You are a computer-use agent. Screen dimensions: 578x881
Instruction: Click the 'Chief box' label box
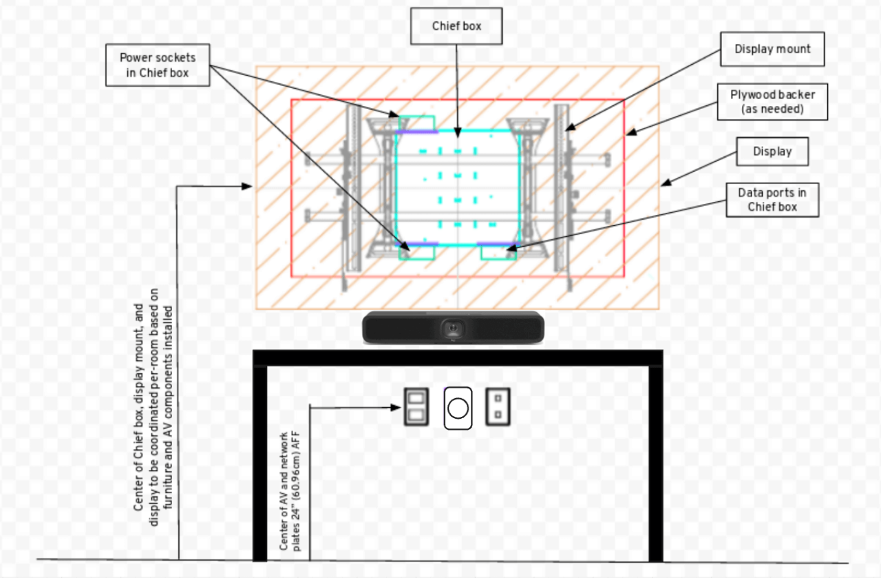(x=457, y=26)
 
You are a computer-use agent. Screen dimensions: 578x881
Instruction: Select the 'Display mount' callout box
(x=772, y=50)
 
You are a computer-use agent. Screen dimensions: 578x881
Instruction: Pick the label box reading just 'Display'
(x=772, y=152)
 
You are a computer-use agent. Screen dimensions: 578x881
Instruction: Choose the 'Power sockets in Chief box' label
(x=158, y=65)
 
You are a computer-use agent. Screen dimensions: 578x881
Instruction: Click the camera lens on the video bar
(x=453, y=326)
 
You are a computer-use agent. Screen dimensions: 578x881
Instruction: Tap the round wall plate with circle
(x=458, y=408)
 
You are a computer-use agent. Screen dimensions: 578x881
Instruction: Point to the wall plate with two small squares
(x=498, y=406)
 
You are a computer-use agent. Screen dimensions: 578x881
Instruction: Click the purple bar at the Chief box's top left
(x=417, y=130)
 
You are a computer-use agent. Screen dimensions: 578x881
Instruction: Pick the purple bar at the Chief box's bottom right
(x=496, y=244)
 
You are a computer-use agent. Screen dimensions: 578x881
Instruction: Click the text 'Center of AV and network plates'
(x=290, y=491)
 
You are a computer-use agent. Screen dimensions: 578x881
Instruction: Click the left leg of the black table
(x=259, y=462)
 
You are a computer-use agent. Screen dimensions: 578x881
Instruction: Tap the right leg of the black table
(x=655, y=462)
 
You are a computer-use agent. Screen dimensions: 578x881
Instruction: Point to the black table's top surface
(x=458, y=357)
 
